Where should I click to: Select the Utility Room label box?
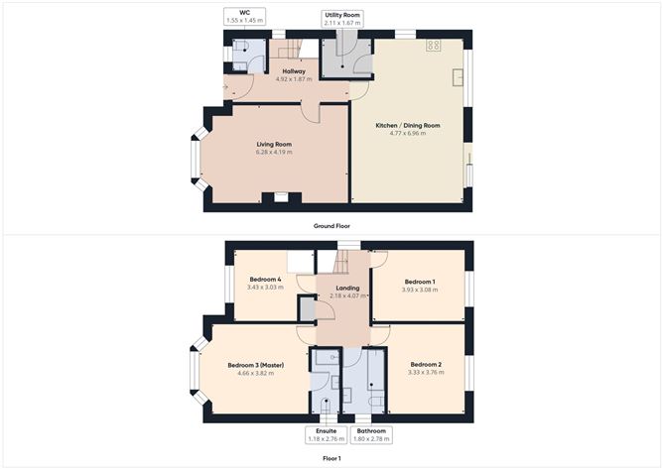pos(342,19)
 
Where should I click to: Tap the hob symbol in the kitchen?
pos(434,46)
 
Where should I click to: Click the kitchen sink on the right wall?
pos(461,76)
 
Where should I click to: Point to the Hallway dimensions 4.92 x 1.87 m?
pos(294,79)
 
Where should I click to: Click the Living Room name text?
pos(275,145)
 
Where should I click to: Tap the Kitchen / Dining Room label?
pos(407,126)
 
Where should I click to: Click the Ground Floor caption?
pos(331,226)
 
